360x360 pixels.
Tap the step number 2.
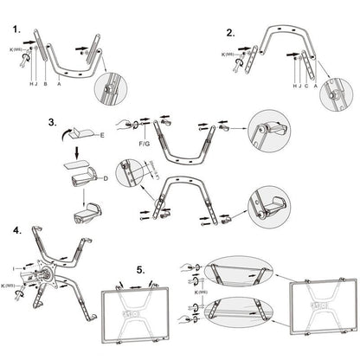point(230,33)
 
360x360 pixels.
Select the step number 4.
point(17,231)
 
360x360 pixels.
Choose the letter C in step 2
point(305,87)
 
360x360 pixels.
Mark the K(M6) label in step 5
point(202,291)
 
